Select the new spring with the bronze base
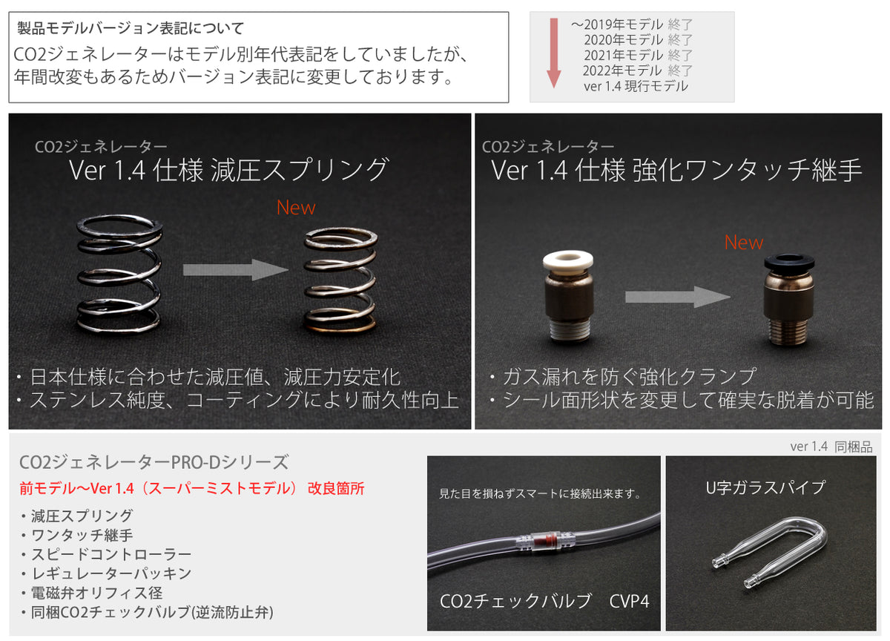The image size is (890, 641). tap(340, 280)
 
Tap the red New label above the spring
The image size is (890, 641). tap(296, 208)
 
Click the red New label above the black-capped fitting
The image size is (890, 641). tap(743, 243)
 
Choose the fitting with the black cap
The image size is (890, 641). tap(788, 299)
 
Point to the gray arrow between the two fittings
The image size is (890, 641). tap(677, 297)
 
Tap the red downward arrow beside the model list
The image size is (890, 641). tap(553, 53)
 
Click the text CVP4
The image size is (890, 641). tap(630, 601)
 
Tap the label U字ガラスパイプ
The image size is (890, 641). tap(765, 487)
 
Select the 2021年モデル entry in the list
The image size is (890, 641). tap(638, 55)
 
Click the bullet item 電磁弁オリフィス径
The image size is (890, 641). tap(93, 593)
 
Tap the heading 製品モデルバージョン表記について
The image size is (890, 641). tap(131, 29)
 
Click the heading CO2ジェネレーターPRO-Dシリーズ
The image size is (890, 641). tap(154, 462)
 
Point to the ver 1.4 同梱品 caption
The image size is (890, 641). tap(831, 447)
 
